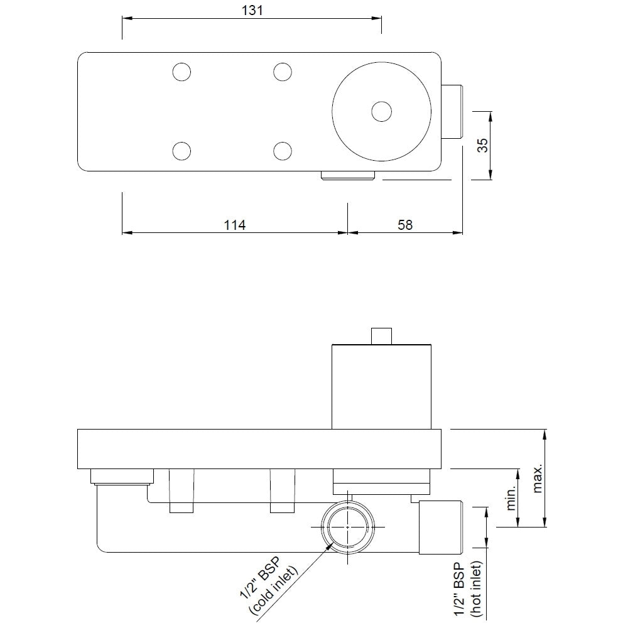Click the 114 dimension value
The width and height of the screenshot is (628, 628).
(x=235, y=224)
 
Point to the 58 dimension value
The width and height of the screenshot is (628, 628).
(x=405, y=224)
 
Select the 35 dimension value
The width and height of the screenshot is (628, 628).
(x=482, y=146)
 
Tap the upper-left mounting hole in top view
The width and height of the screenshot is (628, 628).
(x=181, y=72)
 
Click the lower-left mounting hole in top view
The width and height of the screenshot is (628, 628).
(x=181, y=151)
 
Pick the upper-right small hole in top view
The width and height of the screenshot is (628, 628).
(x=282, y=72)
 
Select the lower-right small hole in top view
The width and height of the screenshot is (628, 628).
(x=282, y=151)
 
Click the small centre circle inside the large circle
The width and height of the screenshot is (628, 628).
(x=381, y=112)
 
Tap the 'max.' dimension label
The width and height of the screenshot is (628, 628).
(x=538, y=479)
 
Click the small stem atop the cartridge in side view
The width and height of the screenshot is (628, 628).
(x=381, y=335)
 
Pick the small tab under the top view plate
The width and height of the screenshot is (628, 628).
(x=348, y=175)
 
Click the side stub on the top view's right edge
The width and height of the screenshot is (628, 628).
(x=453, y=111)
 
